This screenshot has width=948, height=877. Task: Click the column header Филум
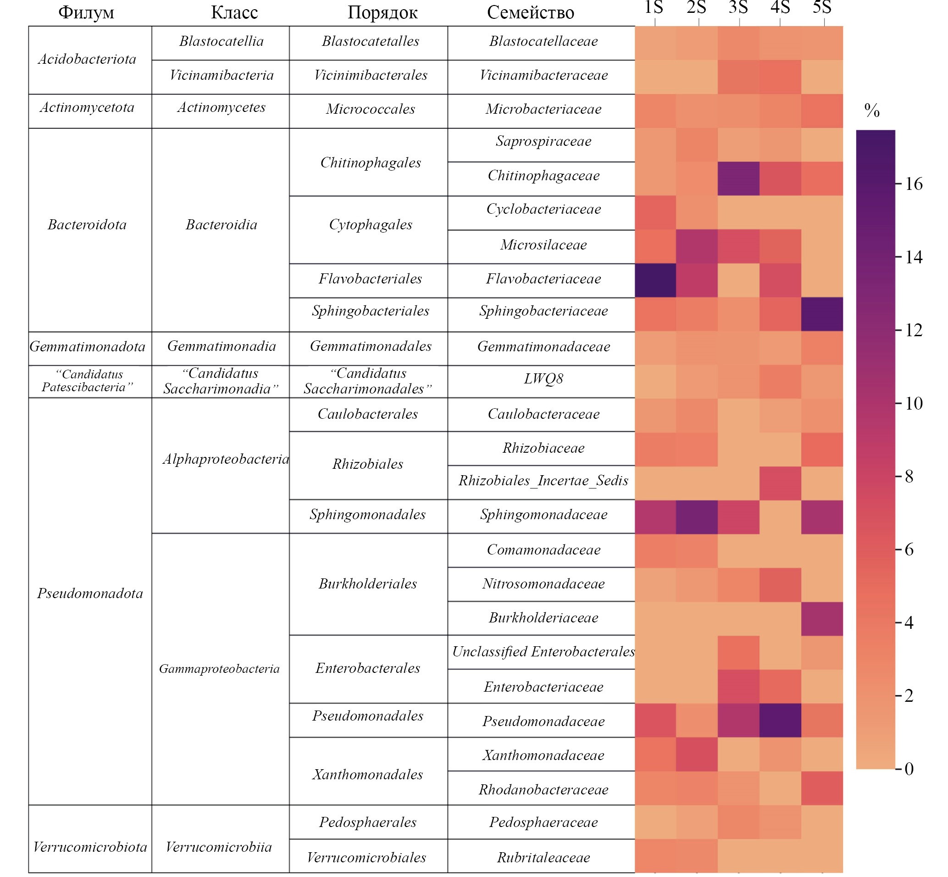86,13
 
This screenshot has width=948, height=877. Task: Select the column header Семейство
530,13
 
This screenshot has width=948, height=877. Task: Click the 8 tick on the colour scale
909,477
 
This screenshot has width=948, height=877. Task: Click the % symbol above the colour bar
871,111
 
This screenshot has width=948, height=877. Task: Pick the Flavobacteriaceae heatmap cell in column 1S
655,280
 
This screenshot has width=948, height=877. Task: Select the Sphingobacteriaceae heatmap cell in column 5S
822,314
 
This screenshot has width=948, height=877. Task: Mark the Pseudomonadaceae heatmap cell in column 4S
780,721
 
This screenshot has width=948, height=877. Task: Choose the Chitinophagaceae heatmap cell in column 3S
738,178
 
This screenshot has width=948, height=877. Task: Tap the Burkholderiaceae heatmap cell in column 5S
822,618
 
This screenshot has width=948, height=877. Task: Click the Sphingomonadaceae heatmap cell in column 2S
697,517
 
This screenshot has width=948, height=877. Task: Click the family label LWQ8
543,379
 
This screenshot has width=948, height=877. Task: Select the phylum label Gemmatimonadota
87,347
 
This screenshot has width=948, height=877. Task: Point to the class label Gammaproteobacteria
219,669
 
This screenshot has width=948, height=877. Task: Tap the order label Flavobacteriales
370,279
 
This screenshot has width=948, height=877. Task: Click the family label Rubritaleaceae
543,858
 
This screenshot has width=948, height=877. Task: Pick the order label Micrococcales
370,109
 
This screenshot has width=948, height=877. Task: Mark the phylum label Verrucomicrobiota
90,847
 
